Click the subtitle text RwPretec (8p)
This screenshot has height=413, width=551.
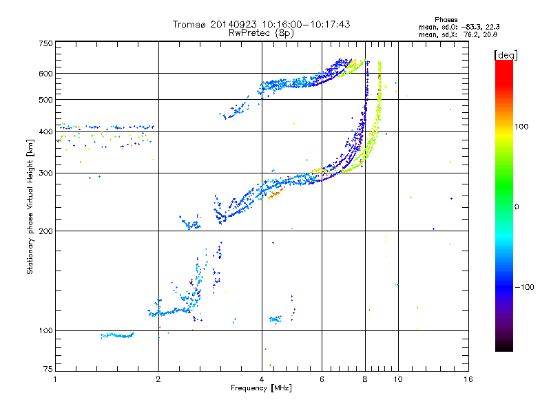(261, 33)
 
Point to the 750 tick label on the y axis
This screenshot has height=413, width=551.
(45, 43)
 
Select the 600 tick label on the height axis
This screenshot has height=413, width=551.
(45, 74)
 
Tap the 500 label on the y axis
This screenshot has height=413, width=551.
(45, 100)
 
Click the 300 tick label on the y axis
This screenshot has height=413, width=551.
(45, 173)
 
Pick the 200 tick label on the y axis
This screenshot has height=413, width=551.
(45, 231)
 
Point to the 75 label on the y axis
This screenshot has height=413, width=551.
(48, 369)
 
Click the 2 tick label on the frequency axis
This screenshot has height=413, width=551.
(158, 379)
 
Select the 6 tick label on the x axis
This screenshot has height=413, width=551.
(322, 379)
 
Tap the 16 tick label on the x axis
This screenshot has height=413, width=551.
(468, 379)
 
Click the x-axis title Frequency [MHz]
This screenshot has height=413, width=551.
(262, 388)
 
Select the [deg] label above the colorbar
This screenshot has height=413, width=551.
(506, 55)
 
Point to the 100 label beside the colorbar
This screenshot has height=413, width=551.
(521, 127)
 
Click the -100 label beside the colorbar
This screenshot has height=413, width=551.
(525, 287)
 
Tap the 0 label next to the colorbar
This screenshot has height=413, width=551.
(517, 207)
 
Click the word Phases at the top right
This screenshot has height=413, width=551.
(446, 20)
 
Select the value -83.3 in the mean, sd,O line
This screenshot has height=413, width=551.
(471, 27)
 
